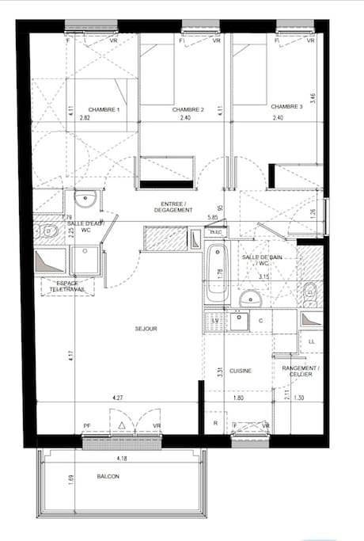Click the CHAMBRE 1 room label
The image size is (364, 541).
pyautogui.click(x=104, y=109)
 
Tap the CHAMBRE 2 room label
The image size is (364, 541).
pyautogui.click(x=188, y=109)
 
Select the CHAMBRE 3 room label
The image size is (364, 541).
pyautogui.click(x=286, y=106)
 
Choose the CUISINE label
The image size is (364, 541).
pyautogui.click(x=241, y=371)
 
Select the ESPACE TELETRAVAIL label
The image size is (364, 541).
pyautogui.click(x=66, y=287)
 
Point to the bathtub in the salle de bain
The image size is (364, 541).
pyautogui.click(x=216, y=274)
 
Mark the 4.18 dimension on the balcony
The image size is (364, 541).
pyautogui.click(x=120, y=458)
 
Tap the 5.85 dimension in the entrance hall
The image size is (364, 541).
pyautogui.click(x=212, y=217)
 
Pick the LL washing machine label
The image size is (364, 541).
pyautogui.click(x=311, y=341)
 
